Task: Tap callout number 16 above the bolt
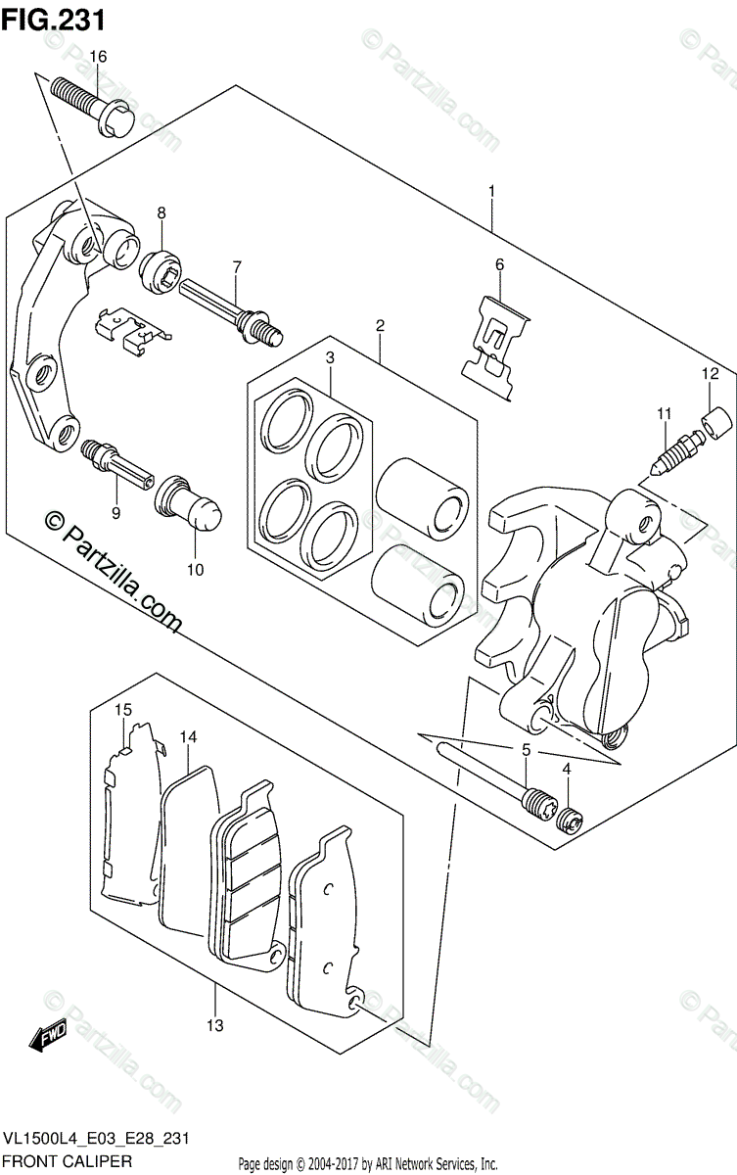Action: pos(97,57)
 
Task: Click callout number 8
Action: pos(161,212)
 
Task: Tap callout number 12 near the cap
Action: pos(709,373)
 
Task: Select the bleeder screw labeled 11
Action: pos(674,451)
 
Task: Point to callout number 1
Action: pos(491,191)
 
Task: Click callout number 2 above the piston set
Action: pos(379,325)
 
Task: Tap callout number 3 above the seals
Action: pos(331,358)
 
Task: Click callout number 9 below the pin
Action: pos(115,511)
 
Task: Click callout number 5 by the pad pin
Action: pos(526,749)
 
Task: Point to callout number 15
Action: pos(122,709)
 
